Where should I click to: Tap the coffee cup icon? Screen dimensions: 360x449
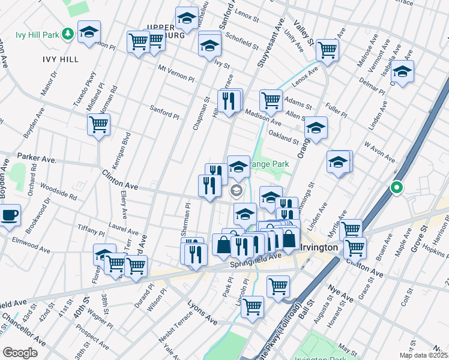click(x=9, y=215)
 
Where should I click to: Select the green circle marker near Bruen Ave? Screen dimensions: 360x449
click(x=396, y=188)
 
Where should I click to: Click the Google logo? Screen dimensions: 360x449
click(x=20, y=353)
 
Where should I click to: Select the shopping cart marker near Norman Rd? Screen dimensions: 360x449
click(x=98, y=125)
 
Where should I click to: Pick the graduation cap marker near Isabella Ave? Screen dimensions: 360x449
click(x=402, y=71)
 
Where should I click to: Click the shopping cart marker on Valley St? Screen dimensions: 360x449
click(x=327, y=50)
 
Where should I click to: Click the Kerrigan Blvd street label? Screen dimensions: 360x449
click(x=127, y=148)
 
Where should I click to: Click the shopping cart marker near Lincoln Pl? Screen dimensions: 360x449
click(x=253, y=307)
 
